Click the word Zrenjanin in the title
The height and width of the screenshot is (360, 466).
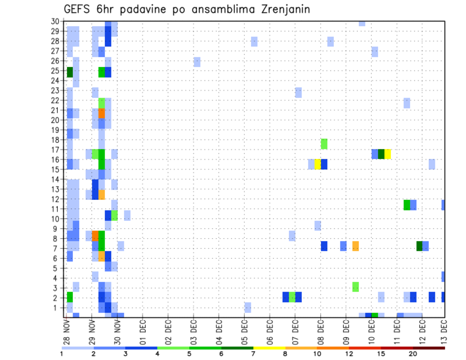[x=285, y=10]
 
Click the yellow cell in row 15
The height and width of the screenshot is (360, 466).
[x=317, y=164]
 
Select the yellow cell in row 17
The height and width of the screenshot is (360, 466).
[x=387, y=154]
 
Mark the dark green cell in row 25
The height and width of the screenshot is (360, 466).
[x=69, y=72]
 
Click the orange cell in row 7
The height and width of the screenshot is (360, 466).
[x=355, y=246]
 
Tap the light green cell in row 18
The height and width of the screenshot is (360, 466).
[x=324, y=144]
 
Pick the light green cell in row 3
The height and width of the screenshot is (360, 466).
[x=355, y=286]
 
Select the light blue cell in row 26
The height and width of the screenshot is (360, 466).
[x=197, y=62]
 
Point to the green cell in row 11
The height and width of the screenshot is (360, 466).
[x=407, y=205]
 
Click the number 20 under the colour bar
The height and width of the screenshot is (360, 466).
[x=413, y=354]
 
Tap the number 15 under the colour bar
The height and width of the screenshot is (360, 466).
[x=381, y=354]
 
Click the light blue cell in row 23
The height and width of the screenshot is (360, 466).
[x=298, y=92]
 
